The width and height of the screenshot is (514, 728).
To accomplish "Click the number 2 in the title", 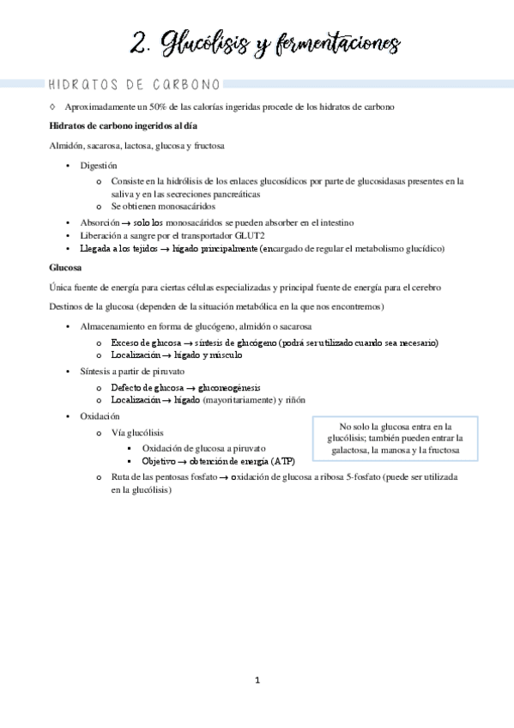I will pos(142,43).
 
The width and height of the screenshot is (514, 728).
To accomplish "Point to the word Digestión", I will pos(100,165).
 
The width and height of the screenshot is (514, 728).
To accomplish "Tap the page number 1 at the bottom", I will pos(257,680).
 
